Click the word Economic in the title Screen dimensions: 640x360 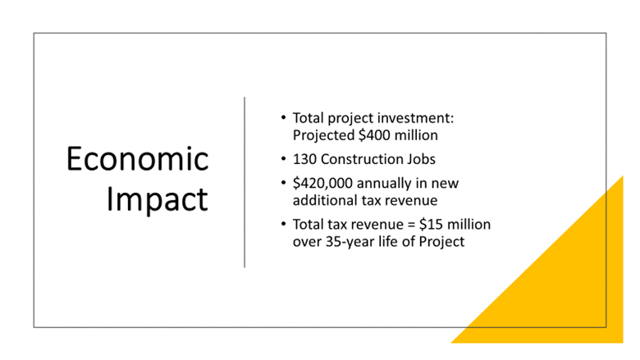(138, 158)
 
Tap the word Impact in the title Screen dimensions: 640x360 (158, 200)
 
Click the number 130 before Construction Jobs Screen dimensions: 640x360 (304, 159)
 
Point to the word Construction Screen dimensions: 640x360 (361, 159)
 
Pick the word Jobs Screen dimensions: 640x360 (421, 159)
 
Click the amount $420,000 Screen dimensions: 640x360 (322, 184)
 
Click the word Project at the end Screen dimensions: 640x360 (441, 242)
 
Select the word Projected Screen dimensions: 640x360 (323, 135)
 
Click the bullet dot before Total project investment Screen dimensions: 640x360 (283, 118)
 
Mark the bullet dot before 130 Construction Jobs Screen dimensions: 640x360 (283, 158)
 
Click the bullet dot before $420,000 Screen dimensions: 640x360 (283, 183)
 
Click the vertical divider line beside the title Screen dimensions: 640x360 (245, 182)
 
